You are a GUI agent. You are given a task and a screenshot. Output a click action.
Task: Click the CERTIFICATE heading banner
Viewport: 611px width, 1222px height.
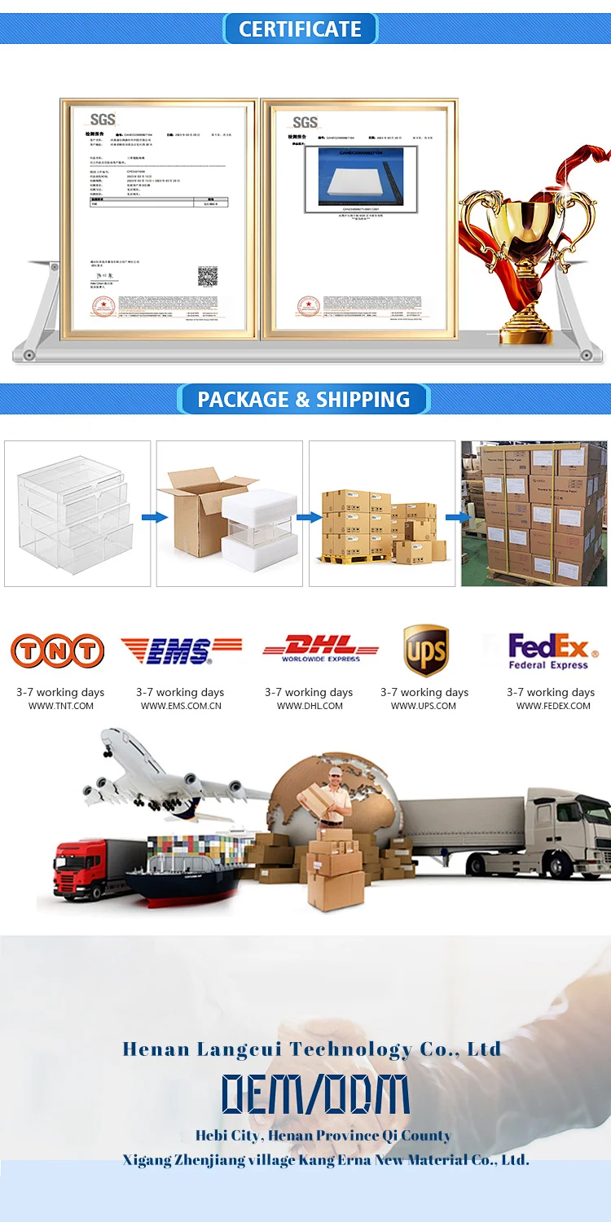pos(300,29)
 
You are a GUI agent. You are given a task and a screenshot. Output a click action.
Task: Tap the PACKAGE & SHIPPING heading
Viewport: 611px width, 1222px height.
pos(303,400)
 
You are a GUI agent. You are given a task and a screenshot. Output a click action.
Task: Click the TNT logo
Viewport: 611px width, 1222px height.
pos(57,650)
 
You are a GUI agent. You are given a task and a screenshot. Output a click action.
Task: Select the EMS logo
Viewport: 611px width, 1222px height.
pos(180,650)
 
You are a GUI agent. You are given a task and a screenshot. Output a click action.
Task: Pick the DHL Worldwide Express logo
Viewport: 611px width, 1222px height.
pos(320,648)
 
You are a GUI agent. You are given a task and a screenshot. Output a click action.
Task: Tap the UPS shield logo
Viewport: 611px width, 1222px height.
pos(426,650)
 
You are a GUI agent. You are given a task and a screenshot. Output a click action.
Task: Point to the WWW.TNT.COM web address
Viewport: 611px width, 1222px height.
pos(61,706)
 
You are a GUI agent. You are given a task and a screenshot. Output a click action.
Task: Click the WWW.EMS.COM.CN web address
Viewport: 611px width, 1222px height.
pos(181,706)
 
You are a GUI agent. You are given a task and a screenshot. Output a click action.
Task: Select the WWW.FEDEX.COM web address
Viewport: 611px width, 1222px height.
pos(553,706)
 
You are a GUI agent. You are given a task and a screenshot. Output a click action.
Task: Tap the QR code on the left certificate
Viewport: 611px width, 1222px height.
pos(208,276)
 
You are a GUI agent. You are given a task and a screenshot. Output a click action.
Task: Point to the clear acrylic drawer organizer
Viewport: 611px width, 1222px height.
pos(77,513)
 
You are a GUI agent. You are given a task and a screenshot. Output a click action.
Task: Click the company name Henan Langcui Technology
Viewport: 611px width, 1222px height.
pos(311,1049)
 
